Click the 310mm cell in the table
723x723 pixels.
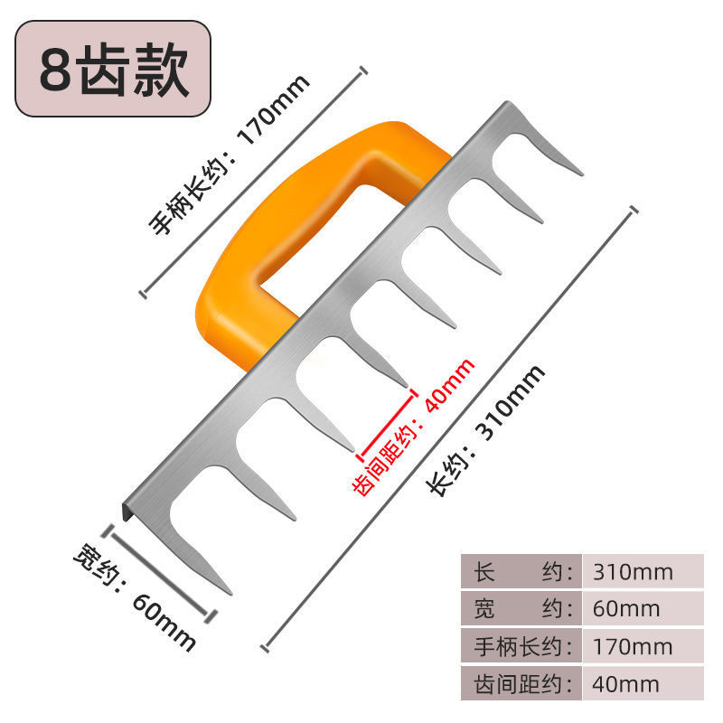point(633,571)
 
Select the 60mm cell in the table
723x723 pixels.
point(626,608)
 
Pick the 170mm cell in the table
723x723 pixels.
point(633,646)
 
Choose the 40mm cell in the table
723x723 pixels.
point(626,684)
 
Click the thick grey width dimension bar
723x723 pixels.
point(163,572)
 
